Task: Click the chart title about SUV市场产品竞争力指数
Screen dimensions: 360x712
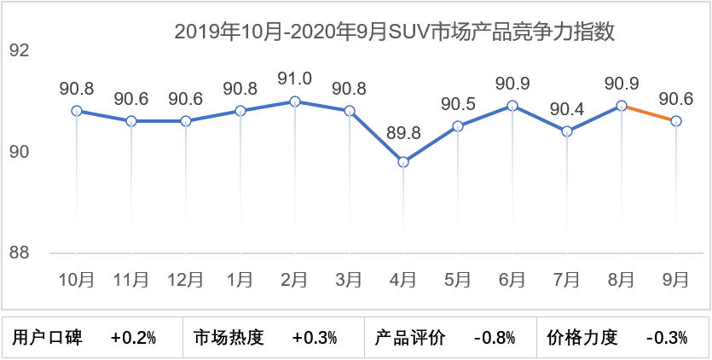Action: coord(395,32)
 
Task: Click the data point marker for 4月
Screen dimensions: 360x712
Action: coord(403,162)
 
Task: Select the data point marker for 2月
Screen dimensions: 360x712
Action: coord(295,102)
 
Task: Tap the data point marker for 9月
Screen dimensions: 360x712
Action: coord(676,121)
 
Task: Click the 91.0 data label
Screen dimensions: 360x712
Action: coord(295,78)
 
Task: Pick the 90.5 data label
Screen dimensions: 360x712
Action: coord(458,103)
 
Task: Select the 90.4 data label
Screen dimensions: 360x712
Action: coord(567,108)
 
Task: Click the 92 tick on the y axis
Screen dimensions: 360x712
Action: coord(20,51)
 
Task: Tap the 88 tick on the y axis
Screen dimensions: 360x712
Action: coord(20,253)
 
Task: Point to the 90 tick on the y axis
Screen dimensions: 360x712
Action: coord(20,153)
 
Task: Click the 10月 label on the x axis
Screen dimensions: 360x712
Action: coord(77,279)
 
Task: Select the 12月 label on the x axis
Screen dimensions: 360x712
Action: coord(185,279)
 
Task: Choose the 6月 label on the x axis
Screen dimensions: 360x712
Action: coord(512,279)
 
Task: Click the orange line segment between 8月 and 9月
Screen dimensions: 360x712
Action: coord(649,113)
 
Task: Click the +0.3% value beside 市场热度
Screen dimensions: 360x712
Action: coord(315,338)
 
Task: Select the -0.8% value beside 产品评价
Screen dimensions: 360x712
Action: coord(494,338)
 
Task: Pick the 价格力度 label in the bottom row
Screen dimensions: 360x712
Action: coord(582,338)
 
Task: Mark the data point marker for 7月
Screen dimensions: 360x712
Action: coord(567,131)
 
